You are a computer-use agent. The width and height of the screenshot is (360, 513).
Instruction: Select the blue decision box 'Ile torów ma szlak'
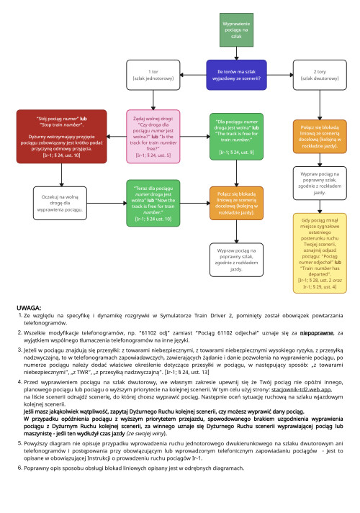(x=236, y=75)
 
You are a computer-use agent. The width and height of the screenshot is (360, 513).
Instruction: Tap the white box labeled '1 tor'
(x=153, y=75)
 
